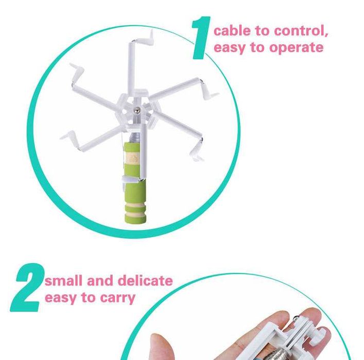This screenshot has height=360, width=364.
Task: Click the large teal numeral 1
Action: [x=201, y=38]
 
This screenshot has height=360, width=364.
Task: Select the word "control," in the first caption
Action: [x=301, y=31]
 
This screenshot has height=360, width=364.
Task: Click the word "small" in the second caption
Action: [x=64, y=281]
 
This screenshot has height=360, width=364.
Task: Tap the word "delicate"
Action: [x=145, y=281]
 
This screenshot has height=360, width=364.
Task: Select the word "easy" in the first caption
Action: [x=229, y=48]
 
